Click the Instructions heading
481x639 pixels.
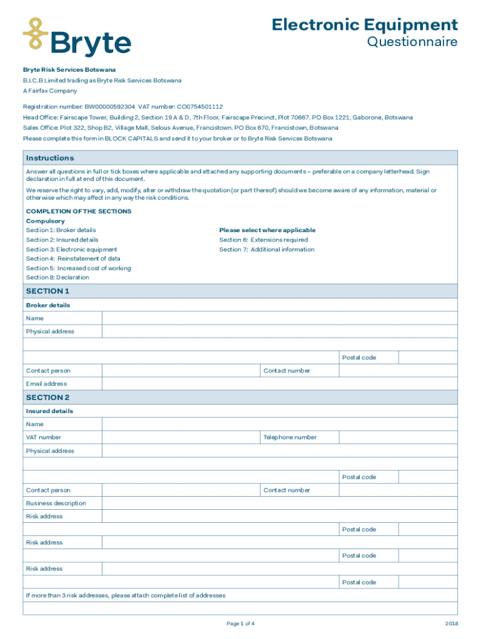click(50, 158)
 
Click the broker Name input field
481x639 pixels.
click(279, 318)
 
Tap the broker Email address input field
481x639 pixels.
click(279, 384)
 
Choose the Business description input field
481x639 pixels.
click(279, 504)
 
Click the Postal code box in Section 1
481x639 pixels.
click(428, 358)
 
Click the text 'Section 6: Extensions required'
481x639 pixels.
click(263, 240)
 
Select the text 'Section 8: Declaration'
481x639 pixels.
click(57, 278)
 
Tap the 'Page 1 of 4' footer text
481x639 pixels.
click(241, 623)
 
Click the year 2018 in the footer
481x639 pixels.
click(452, 623)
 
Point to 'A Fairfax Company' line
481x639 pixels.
click(50, 90)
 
